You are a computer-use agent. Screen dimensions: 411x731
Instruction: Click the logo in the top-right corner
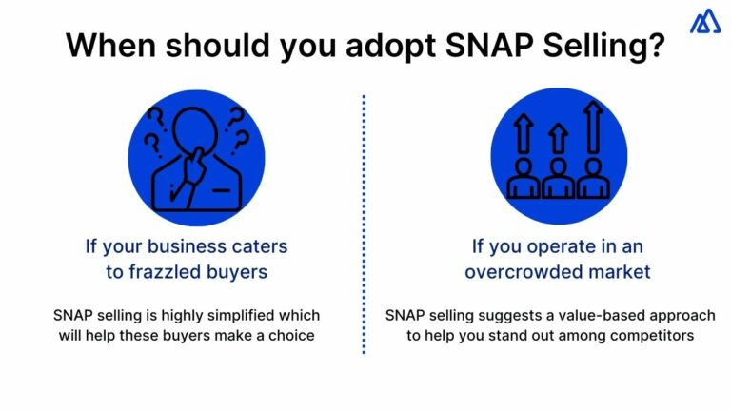click(x=705, y=22)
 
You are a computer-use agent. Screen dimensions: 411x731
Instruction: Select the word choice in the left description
click(x=292, y=335)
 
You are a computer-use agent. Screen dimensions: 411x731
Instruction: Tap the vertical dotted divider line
click(x=364, y=224)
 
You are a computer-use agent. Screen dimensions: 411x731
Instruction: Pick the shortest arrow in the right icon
click(x=559, y=140)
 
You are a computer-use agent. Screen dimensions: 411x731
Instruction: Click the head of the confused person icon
click(x=196, y=129)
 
